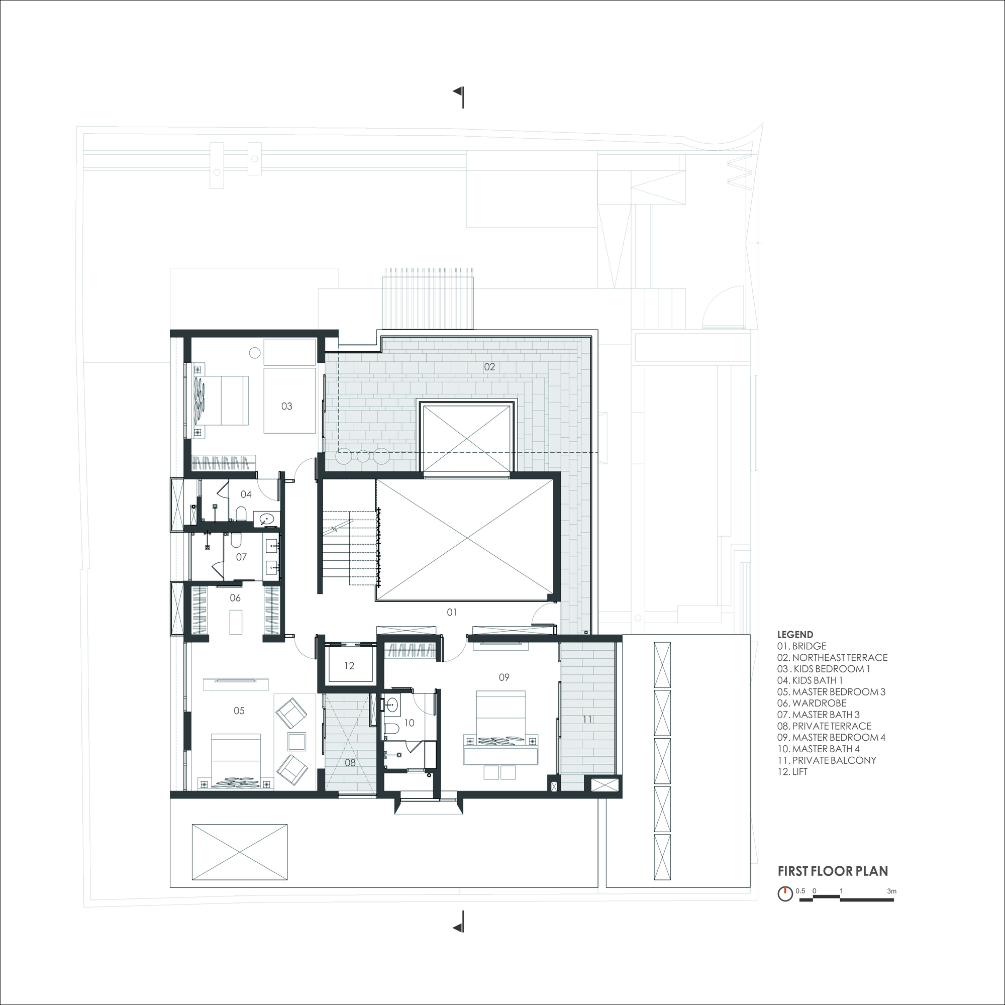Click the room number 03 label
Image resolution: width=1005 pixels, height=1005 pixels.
tap(286, 406)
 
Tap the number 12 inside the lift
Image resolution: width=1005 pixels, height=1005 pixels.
tap(349, 666)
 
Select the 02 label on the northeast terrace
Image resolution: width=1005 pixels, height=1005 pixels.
tap(489, 367)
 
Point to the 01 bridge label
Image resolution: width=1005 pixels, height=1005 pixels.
tap(452, 612)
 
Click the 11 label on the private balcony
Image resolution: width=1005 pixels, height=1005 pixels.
tap(587, 720)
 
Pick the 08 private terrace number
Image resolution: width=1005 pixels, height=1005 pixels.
tap(350, 763)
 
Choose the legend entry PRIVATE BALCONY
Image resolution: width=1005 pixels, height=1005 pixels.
tap(827, 760)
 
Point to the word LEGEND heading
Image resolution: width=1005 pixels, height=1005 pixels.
tap(795, 635)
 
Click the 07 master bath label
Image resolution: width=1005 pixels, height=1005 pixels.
tap(241, 557)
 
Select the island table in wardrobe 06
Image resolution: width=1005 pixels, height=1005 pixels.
tap(235, 622)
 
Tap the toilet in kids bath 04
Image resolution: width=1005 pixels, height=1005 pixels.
tap(241, 515)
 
